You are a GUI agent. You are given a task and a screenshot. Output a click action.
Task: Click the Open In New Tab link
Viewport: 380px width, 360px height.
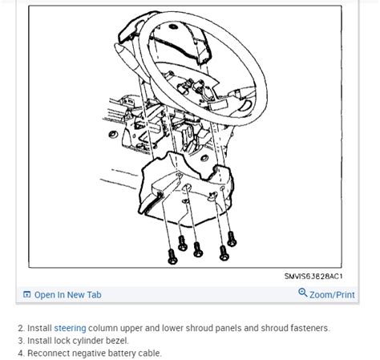point(68,295)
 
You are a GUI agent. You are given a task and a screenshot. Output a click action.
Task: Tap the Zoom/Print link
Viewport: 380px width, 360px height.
point(332,295)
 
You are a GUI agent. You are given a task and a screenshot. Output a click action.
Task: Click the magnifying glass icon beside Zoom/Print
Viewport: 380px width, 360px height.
point(303,293)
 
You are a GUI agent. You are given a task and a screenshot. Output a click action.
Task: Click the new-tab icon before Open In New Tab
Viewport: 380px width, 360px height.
point(26,294)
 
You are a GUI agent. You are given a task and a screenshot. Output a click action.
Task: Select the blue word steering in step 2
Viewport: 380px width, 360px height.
point(70,328)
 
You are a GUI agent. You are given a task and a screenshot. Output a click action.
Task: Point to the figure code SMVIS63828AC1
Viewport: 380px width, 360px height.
point(313,276)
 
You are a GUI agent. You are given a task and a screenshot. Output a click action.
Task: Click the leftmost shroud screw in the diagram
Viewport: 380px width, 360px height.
point(172,257)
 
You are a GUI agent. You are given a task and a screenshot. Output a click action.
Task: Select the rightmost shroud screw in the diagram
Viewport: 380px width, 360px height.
point(232,239)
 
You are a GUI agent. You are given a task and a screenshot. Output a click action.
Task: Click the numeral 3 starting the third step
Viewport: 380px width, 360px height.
point(21,341)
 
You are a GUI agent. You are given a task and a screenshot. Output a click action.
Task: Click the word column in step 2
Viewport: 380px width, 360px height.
point(103,328)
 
